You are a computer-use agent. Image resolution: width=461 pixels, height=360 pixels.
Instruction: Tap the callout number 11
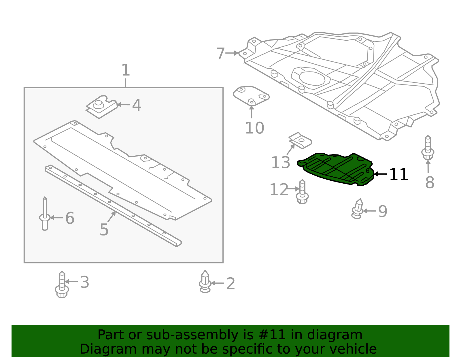point(398,175)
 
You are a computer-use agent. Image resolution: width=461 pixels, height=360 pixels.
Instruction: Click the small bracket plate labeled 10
point(251,95)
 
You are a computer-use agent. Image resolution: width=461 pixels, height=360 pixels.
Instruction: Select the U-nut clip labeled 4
point(101,107)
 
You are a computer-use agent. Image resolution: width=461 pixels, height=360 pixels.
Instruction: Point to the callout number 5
point(104,230)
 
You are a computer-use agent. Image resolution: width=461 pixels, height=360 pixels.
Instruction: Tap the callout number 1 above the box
point(126,70)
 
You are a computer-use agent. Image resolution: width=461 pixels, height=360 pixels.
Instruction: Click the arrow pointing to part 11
point(380,174)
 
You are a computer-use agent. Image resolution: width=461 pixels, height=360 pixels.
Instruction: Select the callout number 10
point(254,128)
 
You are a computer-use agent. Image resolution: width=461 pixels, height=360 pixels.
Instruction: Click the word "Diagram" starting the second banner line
point(97,349)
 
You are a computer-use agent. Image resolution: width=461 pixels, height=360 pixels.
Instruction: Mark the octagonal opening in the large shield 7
point(312,77)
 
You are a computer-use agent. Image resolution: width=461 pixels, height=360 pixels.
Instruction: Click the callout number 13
point(281,163)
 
